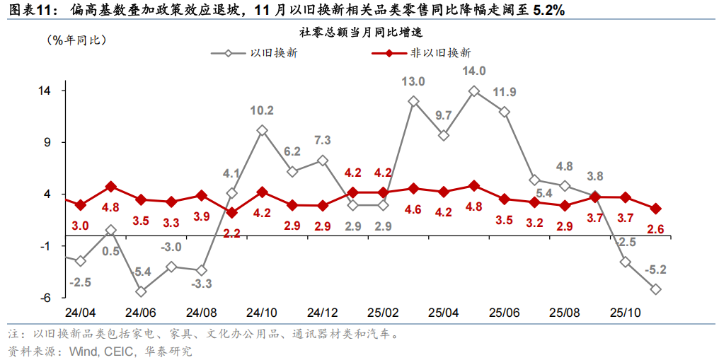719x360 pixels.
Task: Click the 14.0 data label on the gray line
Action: (x=474, y=71)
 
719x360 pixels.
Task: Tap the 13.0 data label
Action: (x=413, y=81)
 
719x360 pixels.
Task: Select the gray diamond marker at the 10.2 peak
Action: (x=262, y=131)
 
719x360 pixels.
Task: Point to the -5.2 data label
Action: (x=656, y=269)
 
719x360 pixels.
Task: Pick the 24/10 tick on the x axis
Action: (x=262, y=313)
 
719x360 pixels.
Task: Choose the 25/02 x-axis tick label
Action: (x=383, y=313)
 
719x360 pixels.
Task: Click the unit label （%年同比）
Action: (x=76, y=40)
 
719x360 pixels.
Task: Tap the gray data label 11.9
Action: (x=505, y=92)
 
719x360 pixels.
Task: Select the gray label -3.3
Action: (x=202, y=284)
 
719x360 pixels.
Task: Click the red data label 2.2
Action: (x=232, y=232)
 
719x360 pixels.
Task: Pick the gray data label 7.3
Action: (x=322, y=140)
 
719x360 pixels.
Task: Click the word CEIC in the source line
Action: (x=120, y=351)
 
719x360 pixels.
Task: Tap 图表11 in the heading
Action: (x=29, y=10)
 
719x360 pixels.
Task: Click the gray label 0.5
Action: (x=110, y=251)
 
